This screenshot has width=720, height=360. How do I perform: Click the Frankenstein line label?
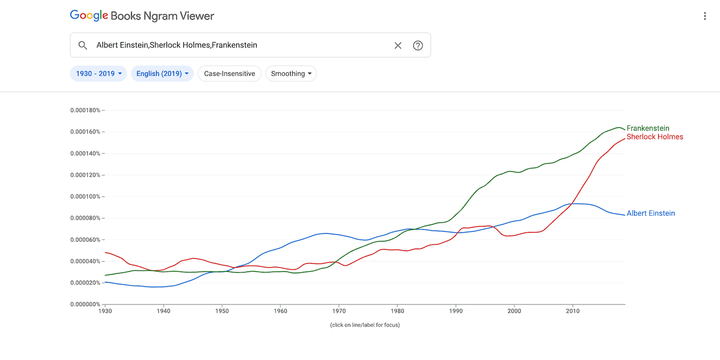point(647,129)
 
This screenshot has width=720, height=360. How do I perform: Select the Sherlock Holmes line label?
point(654,137)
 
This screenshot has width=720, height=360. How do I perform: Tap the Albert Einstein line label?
point(651,213)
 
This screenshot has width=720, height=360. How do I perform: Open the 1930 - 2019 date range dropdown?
point(99,74)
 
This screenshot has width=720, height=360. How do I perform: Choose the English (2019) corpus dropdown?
point(162,74)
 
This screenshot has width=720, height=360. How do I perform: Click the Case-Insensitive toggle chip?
point(229,74)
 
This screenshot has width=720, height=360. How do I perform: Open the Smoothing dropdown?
point(291,74)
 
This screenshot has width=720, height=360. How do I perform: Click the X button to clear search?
point(398,45)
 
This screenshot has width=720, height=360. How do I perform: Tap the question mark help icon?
point(418,45)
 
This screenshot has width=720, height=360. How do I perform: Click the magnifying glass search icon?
point(83,45)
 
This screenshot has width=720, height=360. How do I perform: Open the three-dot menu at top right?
point(705,16)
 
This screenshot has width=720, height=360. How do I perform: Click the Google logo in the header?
point(89,16)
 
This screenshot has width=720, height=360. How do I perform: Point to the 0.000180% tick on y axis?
point(85,110)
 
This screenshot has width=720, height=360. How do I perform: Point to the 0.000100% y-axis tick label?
point(85,197)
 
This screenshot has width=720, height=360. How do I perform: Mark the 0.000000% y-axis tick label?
point(85,305)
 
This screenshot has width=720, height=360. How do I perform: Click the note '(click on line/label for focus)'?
point(365,325)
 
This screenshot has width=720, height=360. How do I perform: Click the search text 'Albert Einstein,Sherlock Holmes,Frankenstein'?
point(177,45)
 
